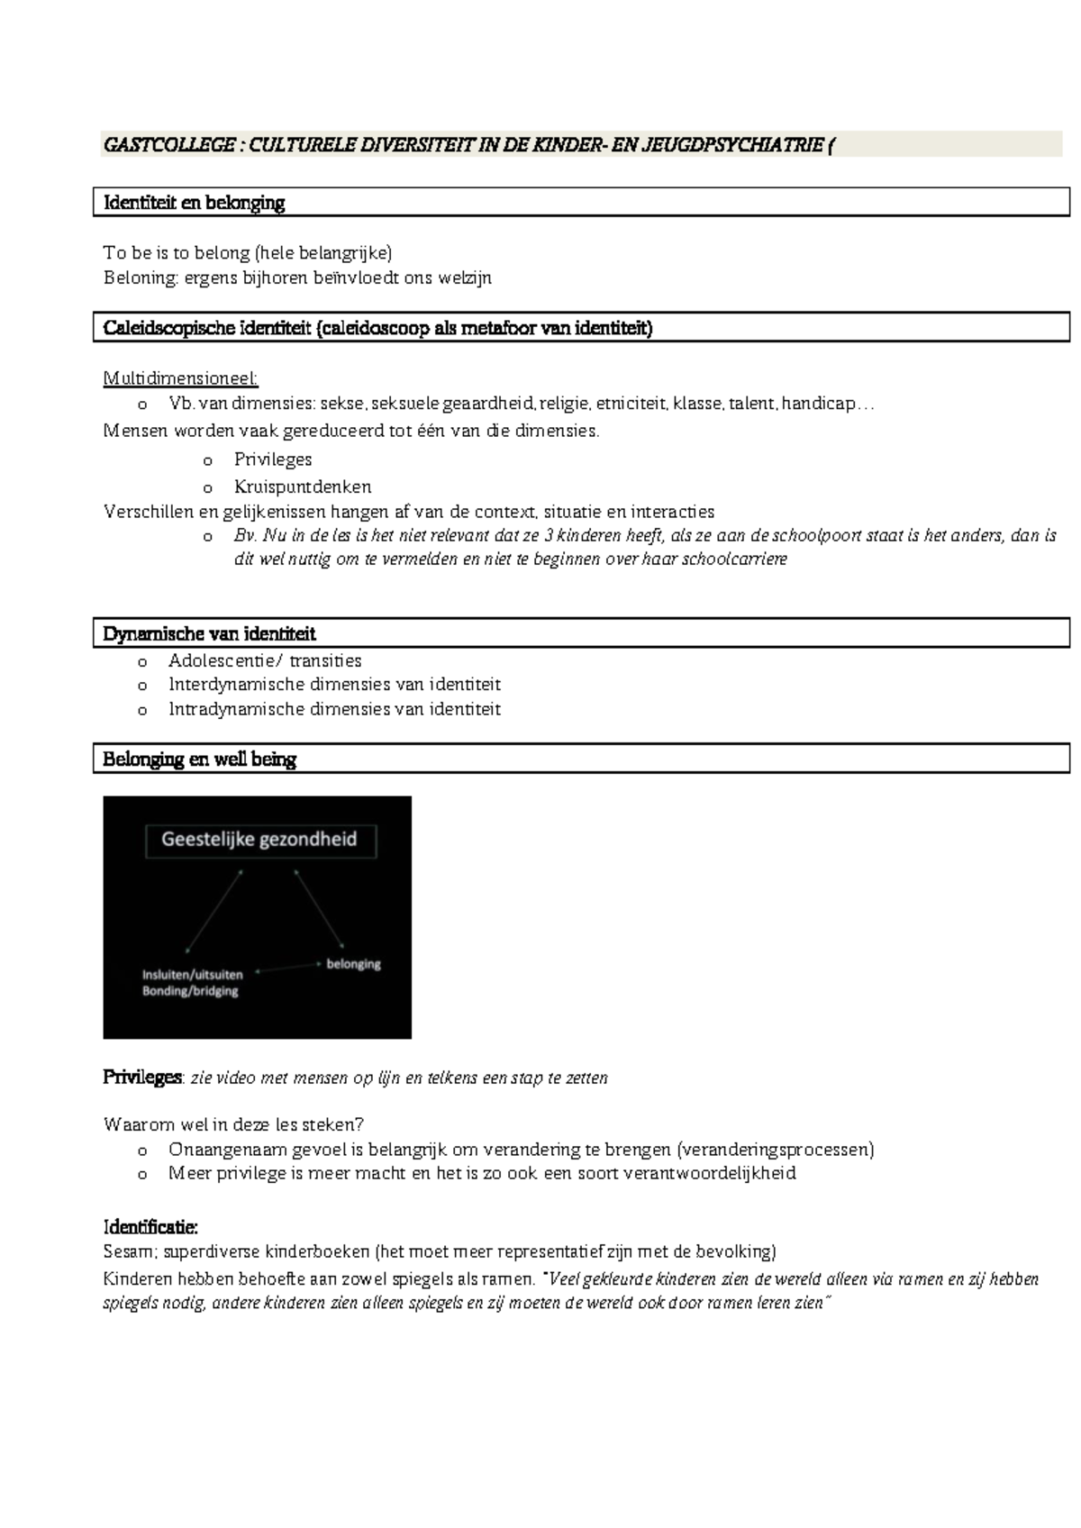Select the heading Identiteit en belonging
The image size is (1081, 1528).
[x=194, y=203]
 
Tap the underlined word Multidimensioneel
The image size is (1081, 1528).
[x=180, y=377]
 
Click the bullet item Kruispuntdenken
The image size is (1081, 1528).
[x=303, y=487]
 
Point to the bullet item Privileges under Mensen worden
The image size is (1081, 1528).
[x=273, y=459]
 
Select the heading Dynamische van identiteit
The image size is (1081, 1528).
[x=209, y=633]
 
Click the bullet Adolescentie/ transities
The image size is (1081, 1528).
[x=265, y=660]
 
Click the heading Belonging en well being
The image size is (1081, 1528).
[x=199, y=759]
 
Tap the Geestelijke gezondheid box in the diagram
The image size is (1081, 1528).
[x=259, y=840]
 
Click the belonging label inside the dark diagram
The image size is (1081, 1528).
[x=353, y=964]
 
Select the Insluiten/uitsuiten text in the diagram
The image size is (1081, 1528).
[x=192, y=975]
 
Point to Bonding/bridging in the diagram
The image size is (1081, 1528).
[x=190, y=991]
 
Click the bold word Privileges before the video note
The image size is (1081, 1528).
[x=142, y=1078]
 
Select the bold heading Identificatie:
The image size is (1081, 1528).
[x=150, y=1227]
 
